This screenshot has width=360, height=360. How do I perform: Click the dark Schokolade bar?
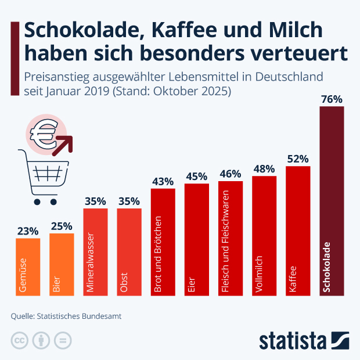click(332, 200)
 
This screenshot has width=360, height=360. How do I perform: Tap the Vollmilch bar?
click(265, 235)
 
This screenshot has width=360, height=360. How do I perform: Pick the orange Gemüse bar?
click(28, 267)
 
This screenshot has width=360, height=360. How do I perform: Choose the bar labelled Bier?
click(62, 264)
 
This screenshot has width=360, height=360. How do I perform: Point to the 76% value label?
click(332, 99)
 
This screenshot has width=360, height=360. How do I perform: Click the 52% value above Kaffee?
click(298, 159)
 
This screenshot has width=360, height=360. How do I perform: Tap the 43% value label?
click(163, 182)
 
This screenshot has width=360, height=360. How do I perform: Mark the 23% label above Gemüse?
click(28, 231)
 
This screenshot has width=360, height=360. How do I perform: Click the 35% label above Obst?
click(129, 201)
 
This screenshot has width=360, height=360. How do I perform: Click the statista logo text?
click(293, 340)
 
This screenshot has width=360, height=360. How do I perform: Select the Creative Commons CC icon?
click(20, 340)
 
